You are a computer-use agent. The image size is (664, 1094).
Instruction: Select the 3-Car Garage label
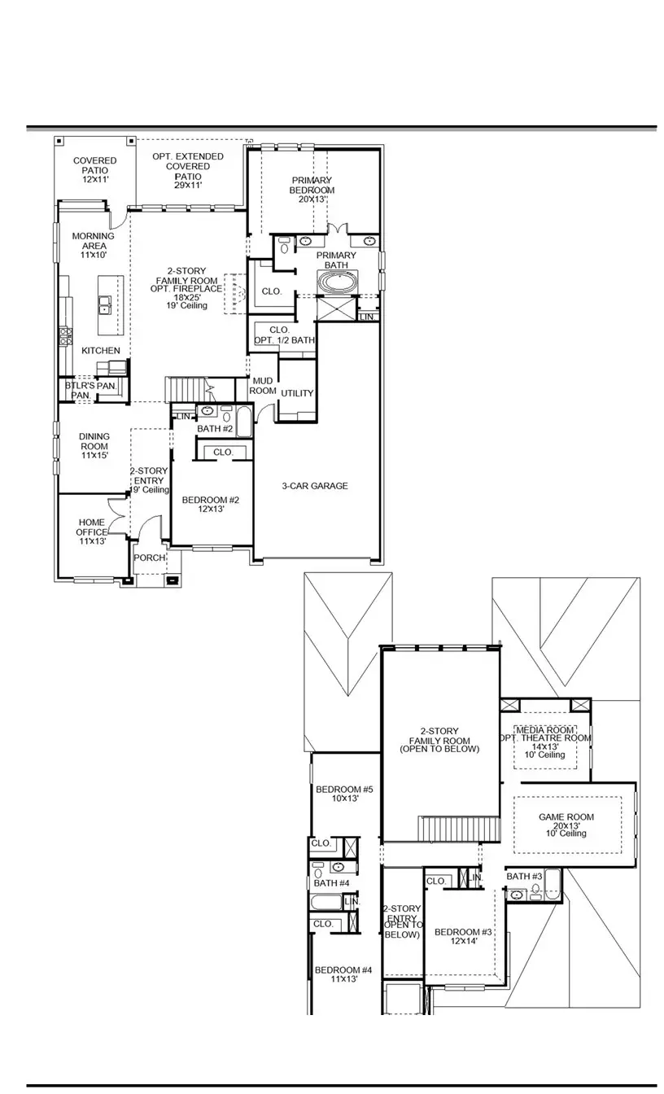[x=316, y=486]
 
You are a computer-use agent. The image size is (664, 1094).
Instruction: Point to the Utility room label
[x=297, y=393]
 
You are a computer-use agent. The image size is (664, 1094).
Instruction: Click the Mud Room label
[x=263, y=386]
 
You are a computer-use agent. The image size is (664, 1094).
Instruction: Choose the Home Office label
[x=92, y=532]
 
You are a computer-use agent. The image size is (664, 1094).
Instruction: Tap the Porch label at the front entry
[x=150, y=558]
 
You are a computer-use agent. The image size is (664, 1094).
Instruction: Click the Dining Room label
[x=94, y=446]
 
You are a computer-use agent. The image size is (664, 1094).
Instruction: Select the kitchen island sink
[x=106, y=305]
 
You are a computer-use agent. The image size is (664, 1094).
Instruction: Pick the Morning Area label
[x=94, y=245]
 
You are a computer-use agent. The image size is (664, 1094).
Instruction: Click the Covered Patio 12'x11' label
[x=95, y=170]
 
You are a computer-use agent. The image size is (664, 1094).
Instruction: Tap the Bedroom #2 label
[x=210, y=505]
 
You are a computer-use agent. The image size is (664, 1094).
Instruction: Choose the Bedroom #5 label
[x=343, y=794]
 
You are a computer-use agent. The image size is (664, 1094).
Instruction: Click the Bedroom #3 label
[x=463, y=937]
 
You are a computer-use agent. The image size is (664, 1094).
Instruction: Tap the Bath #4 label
[x=332, y=883]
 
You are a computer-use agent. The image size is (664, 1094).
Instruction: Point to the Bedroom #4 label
[x=343, y=974]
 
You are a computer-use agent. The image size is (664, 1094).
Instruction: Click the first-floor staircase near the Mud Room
[x=186, y=390]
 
